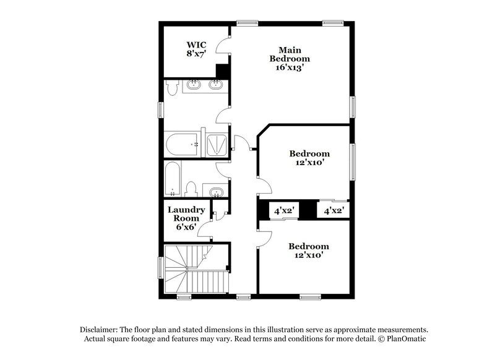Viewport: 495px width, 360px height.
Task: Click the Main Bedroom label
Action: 290,54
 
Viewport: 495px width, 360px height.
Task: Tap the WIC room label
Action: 197,45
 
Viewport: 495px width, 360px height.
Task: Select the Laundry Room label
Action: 186,214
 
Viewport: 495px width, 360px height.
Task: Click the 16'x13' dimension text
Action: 290,68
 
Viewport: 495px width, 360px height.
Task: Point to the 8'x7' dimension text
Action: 197,54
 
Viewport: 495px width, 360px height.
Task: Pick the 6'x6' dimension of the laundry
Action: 186,227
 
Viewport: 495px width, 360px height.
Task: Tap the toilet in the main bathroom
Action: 170,90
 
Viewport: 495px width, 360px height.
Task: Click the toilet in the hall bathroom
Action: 191,188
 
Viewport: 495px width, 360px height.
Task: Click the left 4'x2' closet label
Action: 285,211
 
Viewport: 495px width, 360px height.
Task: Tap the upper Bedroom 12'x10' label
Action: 309,158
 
